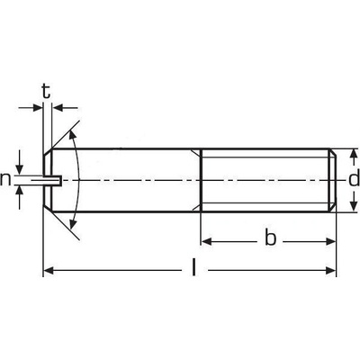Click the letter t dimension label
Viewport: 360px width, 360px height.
coord(46,91)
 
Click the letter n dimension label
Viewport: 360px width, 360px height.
coord(5,179)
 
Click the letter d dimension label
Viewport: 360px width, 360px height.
coord(354,179)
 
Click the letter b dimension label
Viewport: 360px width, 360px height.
coord(270,238)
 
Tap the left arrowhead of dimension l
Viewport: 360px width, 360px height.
coord(49,270)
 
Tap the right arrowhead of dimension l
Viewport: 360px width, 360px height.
coord(330,270)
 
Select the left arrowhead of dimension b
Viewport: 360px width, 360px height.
coord(206,241)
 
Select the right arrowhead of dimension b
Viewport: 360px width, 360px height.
coord(330,241)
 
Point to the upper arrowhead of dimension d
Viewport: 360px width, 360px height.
coord(354,154)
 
